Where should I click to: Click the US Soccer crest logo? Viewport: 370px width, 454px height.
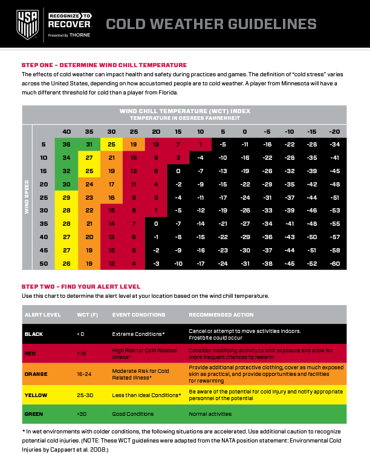click(x=27, y=24)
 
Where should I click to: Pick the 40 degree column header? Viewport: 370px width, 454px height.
click(x=67, y=131)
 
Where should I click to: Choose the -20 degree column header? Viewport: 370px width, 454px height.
click(x=334, y=131)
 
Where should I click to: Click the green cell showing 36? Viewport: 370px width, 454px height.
click(x=67, y=145)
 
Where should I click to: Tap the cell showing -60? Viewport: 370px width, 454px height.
click(x=334, y=263)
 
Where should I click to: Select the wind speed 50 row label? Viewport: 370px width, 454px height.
click(x=44, y=263)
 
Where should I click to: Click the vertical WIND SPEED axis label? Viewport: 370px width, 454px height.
click(x=27, y=197)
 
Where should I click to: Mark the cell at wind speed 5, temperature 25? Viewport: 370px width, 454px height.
click(x=134, y=145)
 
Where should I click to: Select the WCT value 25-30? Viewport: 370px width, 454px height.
click(x=85, y=395)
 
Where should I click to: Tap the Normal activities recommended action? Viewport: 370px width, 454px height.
click(x=210, y=414)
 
